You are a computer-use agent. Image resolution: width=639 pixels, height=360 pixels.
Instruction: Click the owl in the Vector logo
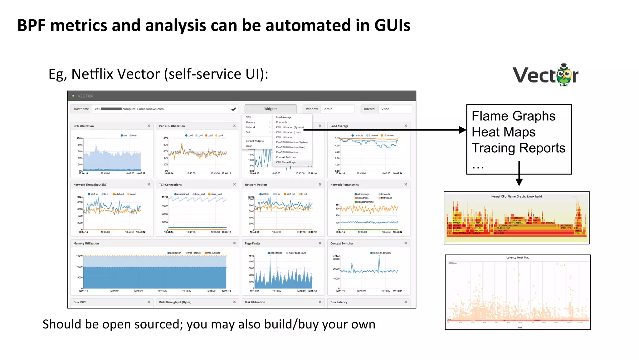click(x=564, y=75)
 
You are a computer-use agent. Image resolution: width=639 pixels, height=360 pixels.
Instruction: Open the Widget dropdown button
click(x=271, y=109)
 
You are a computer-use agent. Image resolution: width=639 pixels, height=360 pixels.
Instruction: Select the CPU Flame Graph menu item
click(x=286, y=162)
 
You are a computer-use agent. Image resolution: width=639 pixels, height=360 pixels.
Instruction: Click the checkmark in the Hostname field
click(x=233, y=109)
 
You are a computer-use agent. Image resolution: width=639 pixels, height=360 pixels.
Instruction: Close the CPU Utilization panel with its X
click(x=149, y=126)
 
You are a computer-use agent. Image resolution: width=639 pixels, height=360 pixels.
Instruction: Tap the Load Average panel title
click(x=339, y=126)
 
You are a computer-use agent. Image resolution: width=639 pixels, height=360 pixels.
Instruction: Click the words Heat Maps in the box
click(x=503, y=132)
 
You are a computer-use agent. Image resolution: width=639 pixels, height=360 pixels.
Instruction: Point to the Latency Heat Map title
click(x=518, y=258)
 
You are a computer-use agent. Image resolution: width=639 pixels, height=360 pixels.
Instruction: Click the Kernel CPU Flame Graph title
click(x=516, y=196)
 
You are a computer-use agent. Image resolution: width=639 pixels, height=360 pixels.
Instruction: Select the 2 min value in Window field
click(x=328, y=109)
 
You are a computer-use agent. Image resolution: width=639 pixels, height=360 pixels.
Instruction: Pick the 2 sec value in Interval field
click(x=385, y=109)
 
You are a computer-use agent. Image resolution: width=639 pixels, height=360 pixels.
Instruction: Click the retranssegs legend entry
click(x=363, y=194)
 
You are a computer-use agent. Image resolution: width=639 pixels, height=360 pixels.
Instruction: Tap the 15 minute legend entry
click(x=388, y=136)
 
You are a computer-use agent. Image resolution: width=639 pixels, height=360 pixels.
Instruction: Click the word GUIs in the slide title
click(x=392, y=25)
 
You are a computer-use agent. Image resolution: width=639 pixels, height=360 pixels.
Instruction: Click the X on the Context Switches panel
click(x=406, y=243)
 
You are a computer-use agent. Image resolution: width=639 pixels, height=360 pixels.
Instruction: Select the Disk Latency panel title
click(x=339, y=302)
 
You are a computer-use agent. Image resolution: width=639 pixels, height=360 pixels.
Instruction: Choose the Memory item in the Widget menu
click(x=250, y=122)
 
